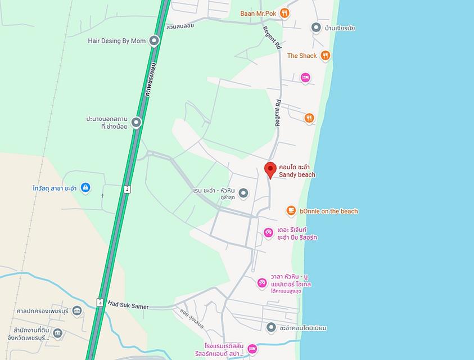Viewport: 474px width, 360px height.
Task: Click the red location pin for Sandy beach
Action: (270, 169)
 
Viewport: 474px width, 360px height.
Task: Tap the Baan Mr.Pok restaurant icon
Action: (285, 13)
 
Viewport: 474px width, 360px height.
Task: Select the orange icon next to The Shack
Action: (325, 55)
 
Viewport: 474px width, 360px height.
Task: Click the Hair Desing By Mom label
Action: (117, 40)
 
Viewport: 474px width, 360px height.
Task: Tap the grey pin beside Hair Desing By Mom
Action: (154, 40)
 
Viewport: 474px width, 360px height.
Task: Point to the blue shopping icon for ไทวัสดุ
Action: (85, 187)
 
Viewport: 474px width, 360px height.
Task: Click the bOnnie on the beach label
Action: (329, 211)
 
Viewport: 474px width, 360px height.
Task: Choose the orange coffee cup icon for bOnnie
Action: (291, 211)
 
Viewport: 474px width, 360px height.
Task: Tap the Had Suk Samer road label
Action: (128, 306)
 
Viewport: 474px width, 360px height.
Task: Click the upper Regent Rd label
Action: (272, 38)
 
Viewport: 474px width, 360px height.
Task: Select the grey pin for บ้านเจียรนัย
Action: (316, 28)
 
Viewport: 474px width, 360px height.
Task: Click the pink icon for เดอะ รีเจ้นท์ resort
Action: (269, 233)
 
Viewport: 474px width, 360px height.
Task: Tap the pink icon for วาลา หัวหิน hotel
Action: (262, 283)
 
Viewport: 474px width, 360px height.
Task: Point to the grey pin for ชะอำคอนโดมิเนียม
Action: (271, 327)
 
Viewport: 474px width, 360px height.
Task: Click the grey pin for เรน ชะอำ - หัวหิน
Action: (243, 194)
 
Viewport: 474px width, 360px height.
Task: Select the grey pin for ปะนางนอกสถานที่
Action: (136, 122)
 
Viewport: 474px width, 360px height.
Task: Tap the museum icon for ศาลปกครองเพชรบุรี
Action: (77, 310)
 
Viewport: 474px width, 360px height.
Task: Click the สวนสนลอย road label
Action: (180, 26)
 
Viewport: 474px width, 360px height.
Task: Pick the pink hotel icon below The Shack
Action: (305, 77)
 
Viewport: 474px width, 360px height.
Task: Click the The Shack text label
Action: (302, 56)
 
